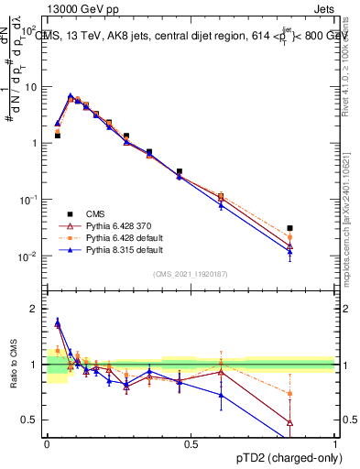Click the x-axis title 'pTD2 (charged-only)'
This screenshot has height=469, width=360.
point(284,456)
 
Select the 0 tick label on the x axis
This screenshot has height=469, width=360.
point(47,443)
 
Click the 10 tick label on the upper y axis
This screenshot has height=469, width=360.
point(31,87)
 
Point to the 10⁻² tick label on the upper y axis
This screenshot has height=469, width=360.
point(28,256)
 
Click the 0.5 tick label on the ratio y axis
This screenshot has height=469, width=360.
point(31,420)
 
